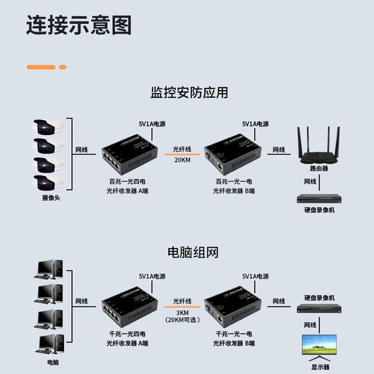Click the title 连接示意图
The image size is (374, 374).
point(79,27)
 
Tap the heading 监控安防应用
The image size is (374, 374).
point(189,93)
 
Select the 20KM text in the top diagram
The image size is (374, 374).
point(183,161)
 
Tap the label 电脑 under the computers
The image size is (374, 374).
point(53,362)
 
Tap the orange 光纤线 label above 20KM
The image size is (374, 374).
point(183,150)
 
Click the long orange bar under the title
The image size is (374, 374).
point(41,67)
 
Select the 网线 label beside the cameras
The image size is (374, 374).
point(82,150)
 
